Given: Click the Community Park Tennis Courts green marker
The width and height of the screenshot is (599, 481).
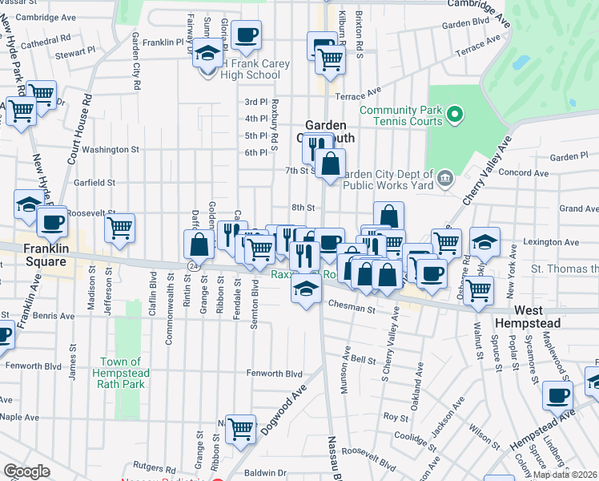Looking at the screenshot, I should (x=455, y=115).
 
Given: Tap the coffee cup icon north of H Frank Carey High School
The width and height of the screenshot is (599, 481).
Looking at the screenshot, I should (x=247, y=34).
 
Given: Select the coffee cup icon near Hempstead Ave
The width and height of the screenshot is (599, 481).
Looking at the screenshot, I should (x=558, y=395).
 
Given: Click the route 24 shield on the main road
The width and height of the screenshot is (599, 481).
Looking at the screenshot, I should (x=193, y=264).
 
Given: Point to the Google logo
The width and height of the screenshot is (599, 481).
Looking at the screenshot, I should (x=26, y=471).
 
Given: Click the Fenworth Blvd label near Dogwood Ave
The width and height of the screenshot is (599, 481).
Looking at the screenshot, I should (x=274, y=374).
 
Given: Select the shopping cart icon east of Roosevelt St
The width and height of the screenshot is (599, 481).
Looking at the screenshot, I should (x=120, y=227).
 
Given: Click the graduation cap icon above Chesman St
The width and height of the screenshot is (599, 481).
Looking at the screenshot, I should (x=305, y=289).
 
